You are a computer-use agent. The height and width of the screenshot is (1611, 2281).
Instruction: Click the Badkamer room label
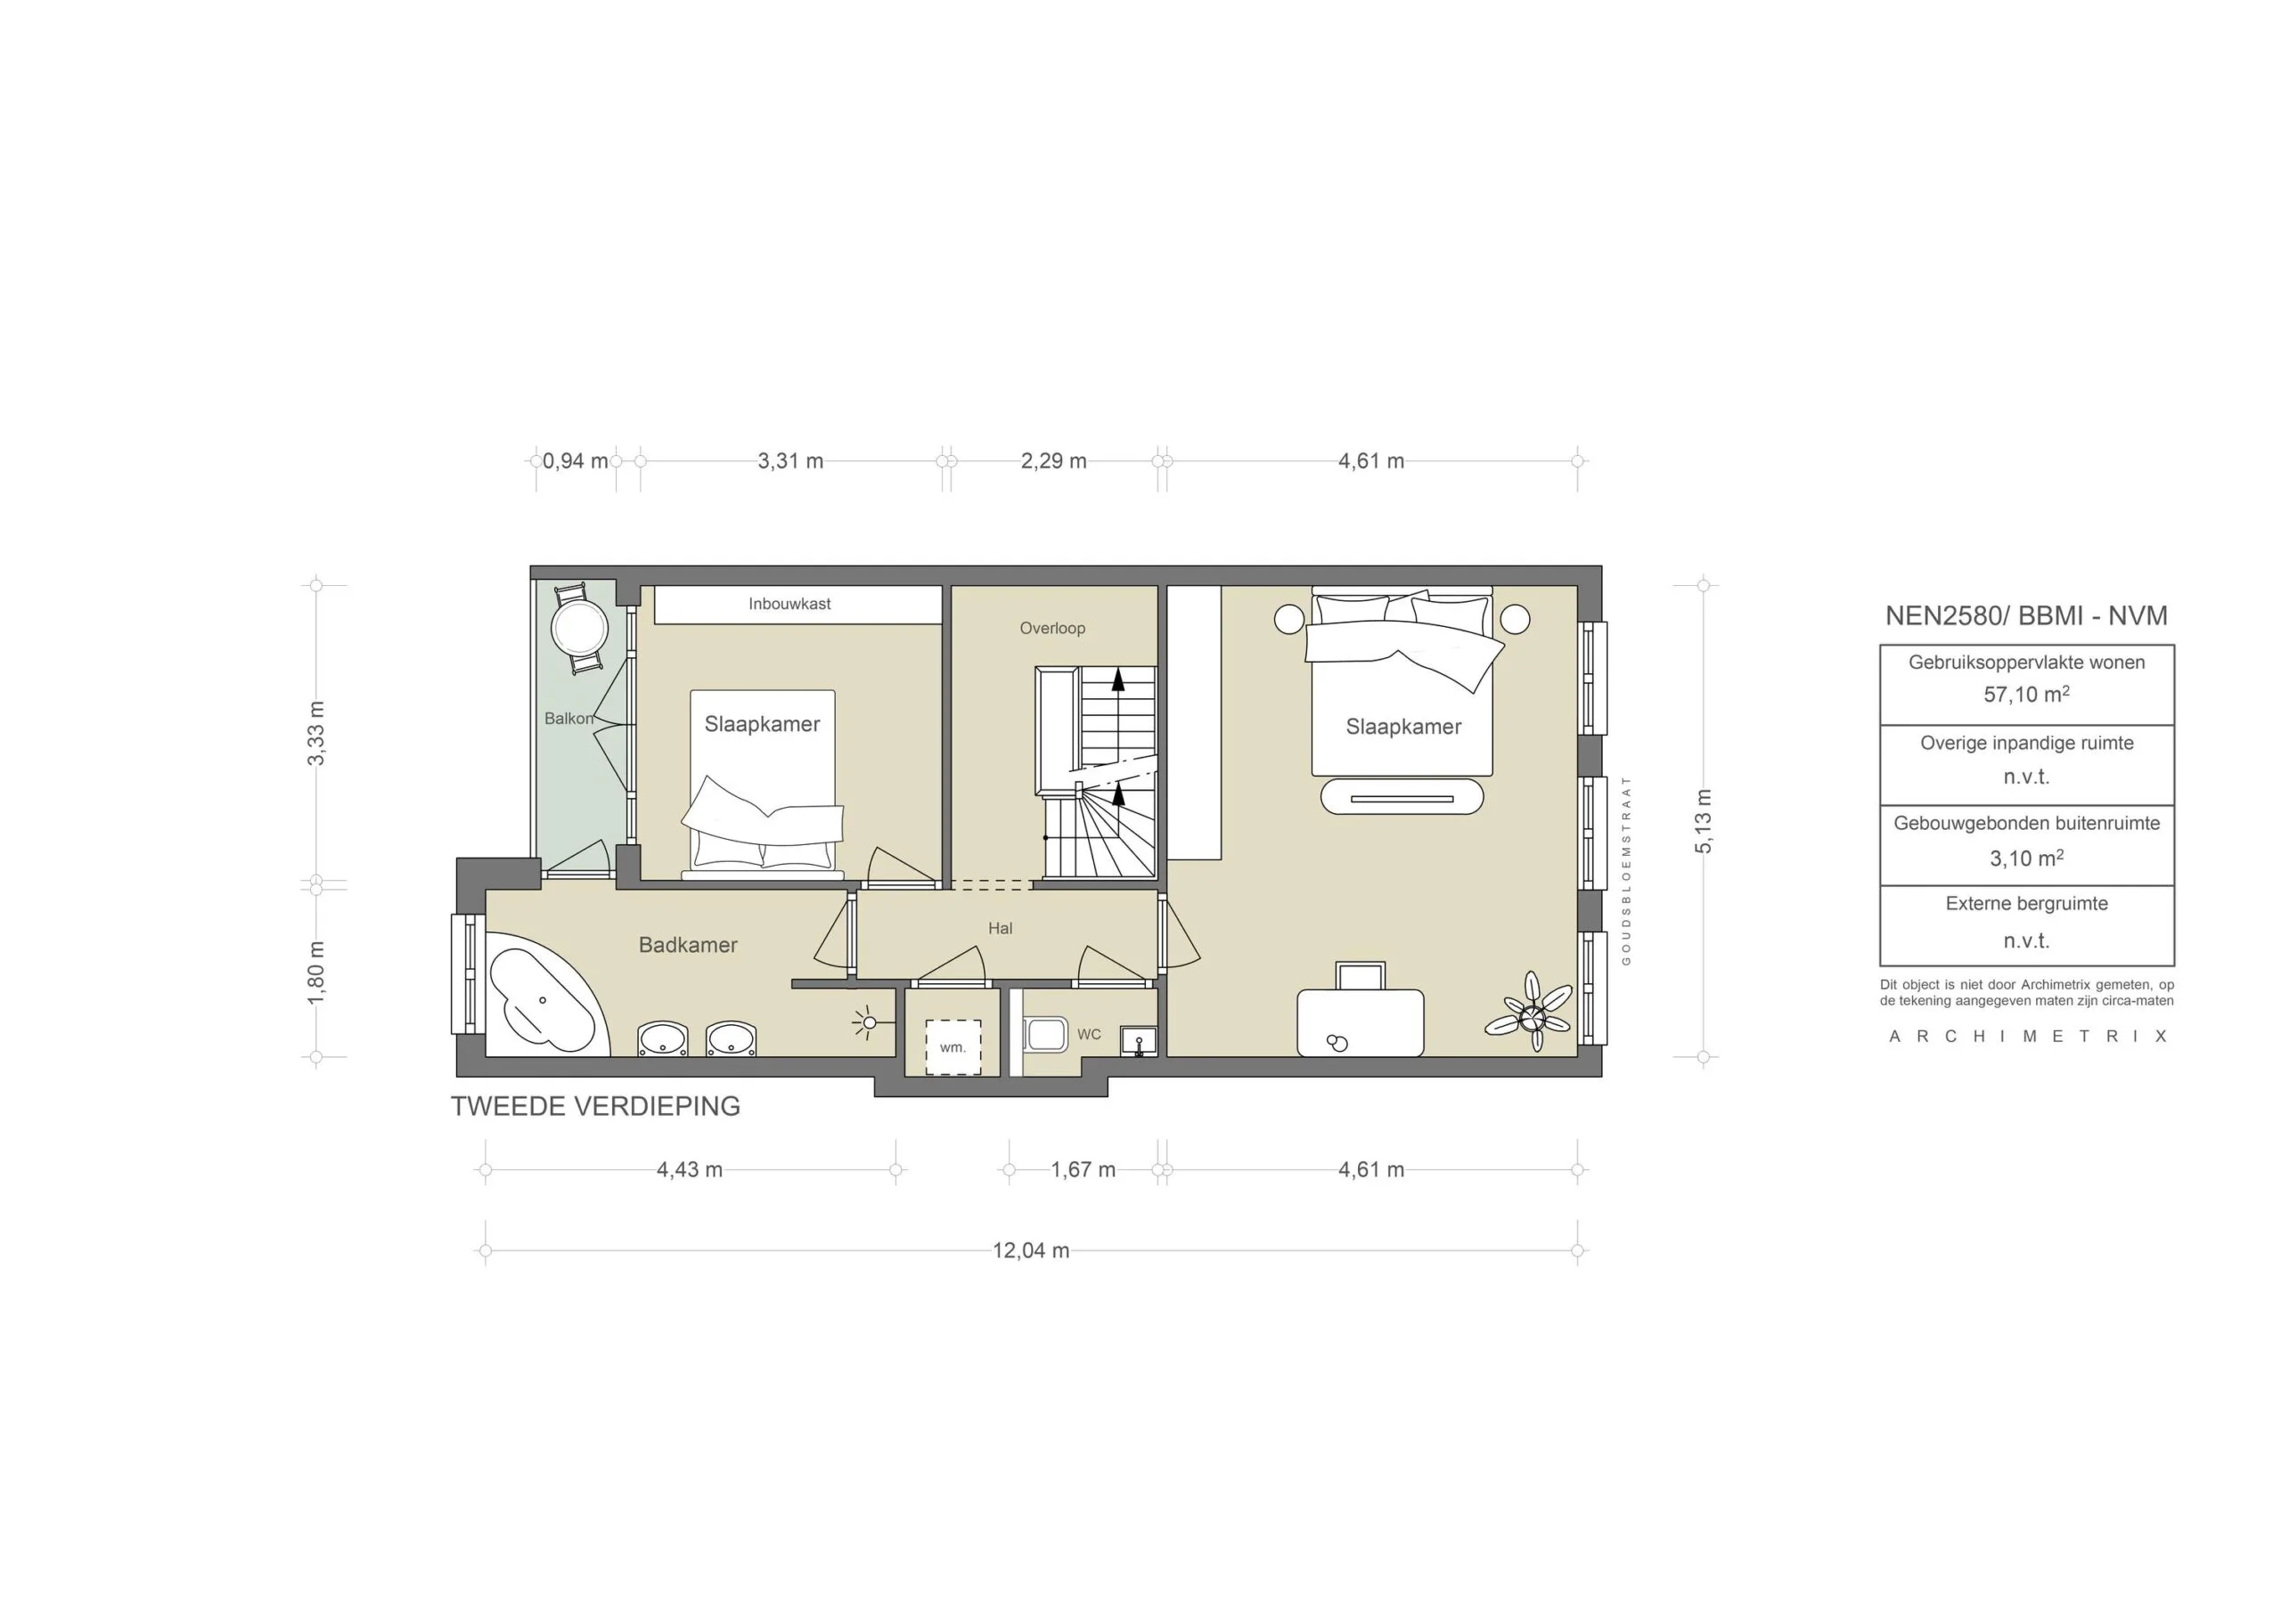click(688, 945)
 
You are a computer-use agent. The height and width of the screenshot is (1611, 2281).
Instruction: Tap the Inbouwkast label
click(789, 604)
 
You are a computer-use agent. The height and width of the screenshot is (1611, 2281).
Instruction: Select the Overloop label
click(1052, 628)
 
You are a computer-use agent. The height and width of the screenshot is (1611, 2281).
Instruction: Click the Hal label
click(1000, 929)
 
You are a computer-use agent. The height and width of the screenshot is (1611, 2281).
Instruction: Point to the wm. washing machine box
click(952, 1047)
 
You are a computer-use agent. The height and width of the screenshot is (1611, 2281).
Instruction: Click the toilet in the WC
click(1045, 1034)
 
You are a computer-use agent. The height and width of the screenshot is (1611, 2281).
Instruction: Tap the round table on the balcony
click(579, 627)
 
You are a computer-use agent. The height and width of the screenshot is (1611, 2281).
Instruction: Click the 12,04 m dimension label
click(1030, 1250)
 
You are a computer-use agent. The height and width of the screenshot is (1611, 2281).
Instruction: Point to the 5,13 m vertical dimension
click(1704, 821)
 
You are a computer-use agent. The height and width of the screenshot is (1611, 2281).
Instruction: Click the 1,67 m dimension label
click(1083, 1170)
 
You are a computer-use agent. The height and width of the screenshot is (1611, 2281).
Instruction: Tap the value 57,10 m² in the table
click(2025, 695)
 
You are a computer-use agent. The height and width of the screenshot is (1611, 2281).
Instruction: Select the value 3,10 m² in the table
click(2025, 858)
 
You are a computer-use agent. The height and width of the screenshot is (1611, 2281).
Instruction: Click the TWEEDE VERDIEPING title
click(595, 1106)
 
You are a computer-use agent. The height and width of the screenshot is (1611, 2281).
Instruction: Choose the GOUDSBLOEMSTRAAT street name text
click(1626, 870)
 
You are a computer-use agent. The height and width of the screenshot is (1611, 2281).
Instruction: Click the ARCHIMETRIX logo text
click(2027, 1036)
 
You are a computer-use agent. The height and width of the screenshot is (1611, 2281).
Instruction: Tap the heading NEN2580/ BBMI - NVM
click(2025, 615)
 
